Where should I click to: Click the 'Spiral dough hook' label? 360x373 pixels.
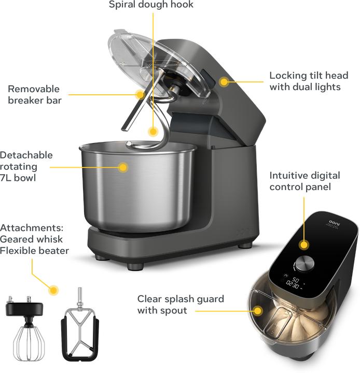(x=150, y=5)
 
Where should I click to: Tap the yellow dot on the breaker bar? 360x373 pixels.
(x=140, y=94)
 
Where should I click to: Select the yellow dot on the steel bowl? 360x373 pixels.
(x=123, y=167)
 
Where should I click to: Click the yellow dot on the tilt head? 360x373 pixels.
(x=224, y=81)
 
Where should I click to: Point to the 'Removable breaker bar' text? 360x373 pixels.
(x=34, y=94)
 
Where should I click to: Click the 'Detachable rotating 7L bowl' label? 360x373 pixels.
(x=26, y=167)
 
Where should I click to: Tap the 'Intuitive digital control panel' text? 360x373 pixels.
(x=304, y=181)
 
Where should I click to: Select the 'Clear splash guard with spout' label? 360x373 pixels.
(x=181, y=305)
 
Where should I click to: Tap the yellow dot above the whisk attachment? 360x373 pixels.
(x=53, y=290)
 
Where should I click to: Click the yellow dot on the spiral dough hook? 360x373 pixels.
(x=153, y=132)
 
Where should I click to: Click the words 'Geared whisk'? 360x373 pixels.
(x=32, y=239)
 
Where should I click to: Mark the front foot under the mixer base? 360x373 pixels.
(x=135, y=267)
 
